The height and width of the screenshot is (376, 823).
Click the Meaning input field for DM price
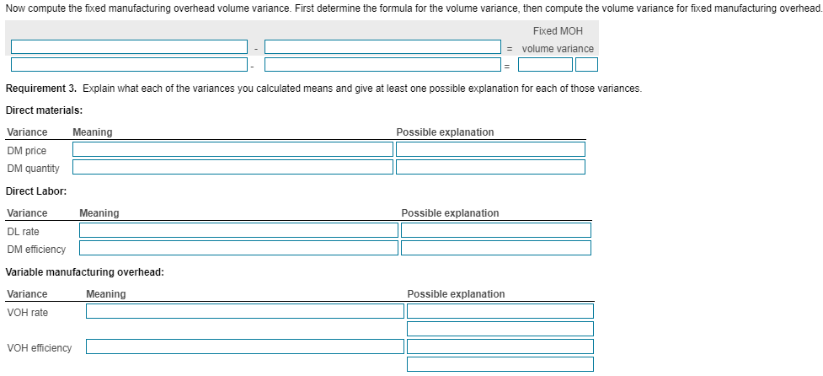click(232, 149)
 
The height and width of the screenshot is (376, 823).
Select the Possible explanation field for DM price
click(490, 149)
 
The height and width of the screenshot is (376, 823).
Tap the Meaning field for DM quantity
click(232, 167)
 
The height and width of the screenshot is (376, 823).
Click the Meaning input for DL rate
click(238, 230)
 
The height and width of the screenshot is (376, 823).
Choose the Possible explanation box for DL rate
click(496, 230)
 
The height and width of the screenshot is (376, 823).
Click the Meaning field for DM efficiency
click(238, 248)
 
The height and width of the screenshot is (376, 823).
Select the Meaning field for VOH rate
click(244, 311)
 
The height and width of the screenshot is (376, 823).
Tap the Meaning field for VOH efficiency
click(244, 346)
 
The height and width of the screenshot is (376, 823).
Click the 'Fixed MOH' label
click(558, 30)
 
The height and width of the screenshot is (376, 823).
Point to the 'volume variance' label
click(558, 49)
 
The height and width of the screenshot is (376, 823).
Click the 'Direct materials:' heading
click(44, 110)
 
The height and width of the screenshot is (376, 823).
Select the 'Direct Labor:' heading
click(36, 191)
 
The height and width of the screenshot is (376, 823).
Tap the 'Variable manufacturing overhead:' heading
click(84, 272)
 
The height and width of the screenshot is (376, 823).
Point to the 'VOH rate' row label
click(28, 313)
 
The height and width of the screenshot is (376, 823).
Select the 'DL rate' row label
click(23, 231)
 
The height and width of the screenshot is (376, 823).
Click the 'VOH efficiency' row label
click(39, 347)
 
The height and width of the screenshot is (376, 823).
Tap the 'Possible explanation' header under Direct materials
click(445, 132)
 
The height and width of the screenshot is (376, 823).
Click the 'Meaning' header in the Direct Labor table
click(99, 213)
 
